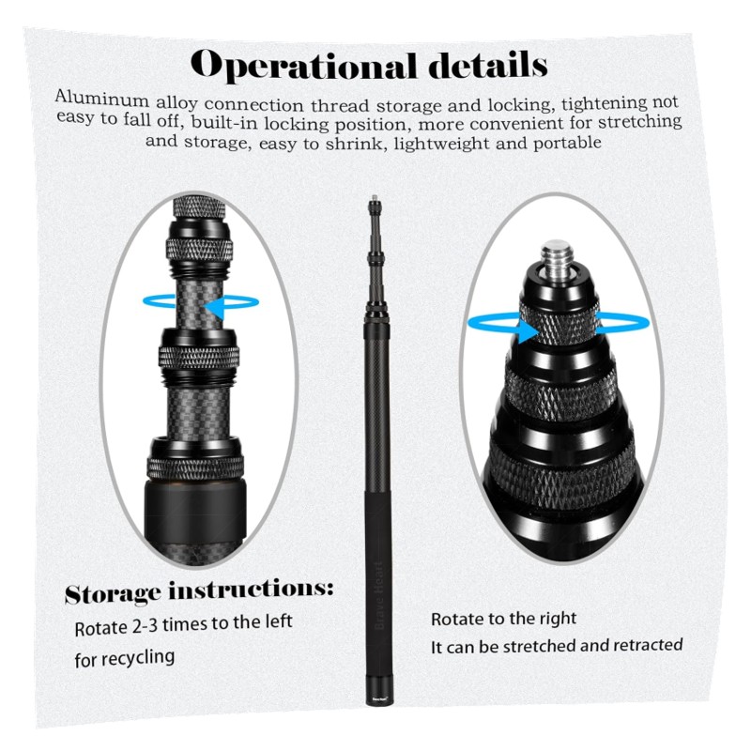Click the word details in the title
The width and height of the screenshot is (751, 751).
(488, 64)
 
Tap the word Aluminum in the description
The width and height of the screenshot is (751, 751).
(102, 99)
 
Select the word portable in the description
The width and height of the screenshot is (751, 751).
(567, 143)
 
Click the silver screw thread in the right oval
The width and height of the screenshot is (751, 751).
(557, 257)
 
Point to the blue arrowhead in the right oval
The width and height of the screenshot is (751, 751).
(528, 331)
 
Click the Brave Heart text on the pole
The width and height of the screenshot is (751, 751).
(379, 595)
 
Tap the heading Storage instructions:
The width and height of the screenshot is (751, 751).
(199, 591)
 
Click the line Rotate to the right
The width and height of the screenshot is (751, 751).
(503, 619)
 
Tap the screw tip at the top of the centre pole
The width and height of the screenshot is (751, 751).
(374, 198)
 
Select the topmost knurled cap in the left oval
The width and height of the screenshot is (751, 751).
(199, 207)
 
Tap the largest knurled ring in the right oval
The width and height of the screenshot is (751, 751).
(561, 472)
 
